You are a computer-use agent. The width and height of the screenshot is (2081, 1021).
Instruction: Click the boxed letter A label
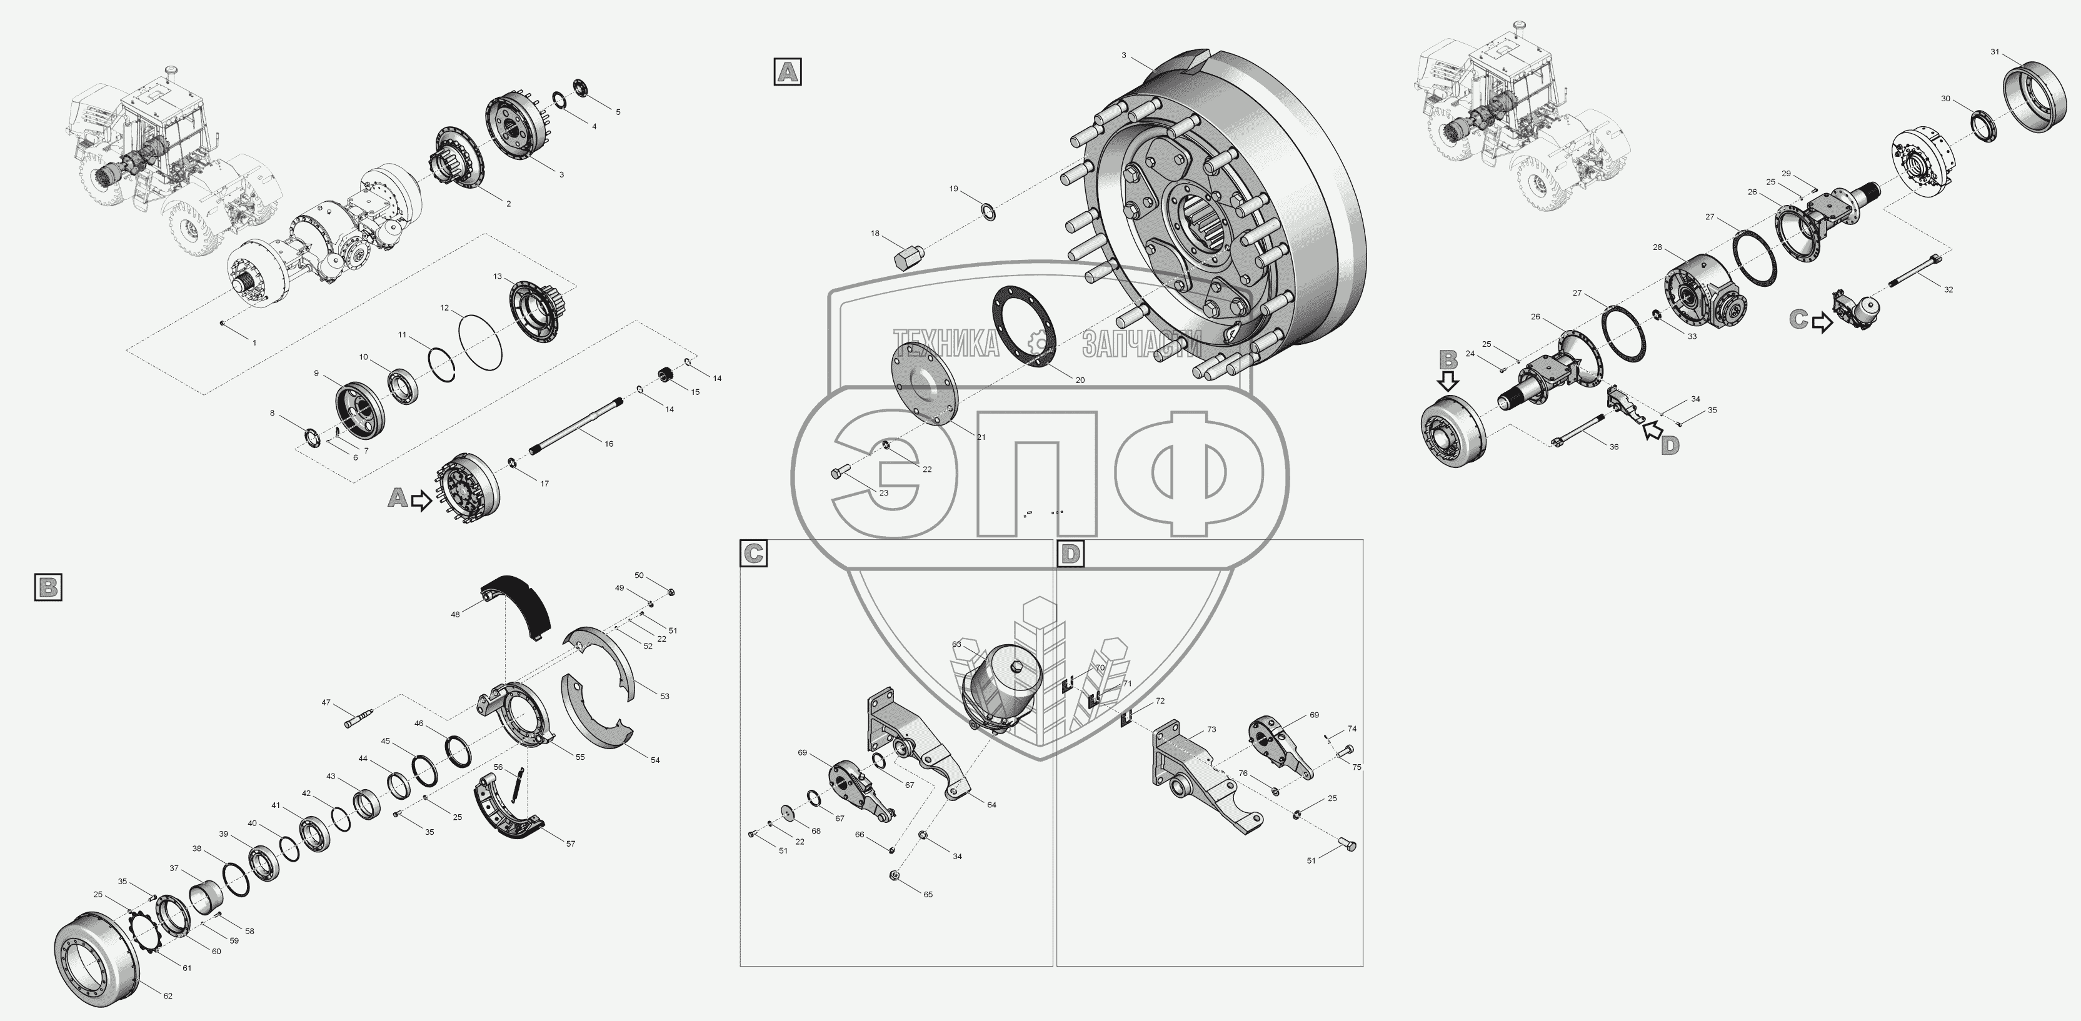(x=788, y=72)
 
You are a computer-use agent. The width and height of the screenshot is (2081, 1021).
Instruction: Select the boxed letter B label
(x=49, y=587)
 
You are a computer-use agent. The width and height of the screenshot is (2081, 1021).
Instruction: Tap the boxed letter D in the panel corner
(x=1070, y=554)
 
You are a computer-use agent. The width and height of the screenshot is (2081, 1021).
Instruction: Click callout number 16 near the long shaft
(x=608, y=444)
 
